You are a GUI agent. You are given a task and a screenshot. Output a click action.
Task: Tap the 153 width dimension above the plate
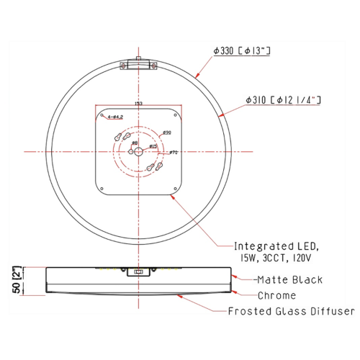[138, 104]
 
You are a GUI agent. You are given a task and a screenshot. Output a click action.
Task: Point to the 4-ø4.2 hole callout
[116, 117]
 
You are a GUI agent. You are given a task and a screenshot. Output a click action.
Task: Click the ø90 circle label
[166, 133]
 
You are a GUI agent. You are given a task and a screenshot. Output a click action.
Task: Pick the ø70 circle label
[173, 153]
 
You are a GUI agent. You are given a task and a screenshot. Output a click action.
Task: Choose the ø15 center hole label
[153, 146]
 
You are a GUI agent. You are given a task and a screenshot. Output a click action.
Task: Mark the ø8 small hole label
[134, 143]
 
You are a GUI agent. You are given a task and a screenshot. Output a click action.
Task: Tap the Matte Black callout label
[288, 280]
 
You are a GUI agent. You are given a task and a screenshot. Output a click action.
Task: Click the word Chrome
[276, 295]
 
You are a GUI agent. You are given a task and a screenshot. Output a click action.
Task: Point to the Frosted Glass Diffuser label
[291, 312]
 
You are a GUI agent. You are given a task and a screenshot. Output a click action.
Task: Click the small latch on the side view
[138, 272]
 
